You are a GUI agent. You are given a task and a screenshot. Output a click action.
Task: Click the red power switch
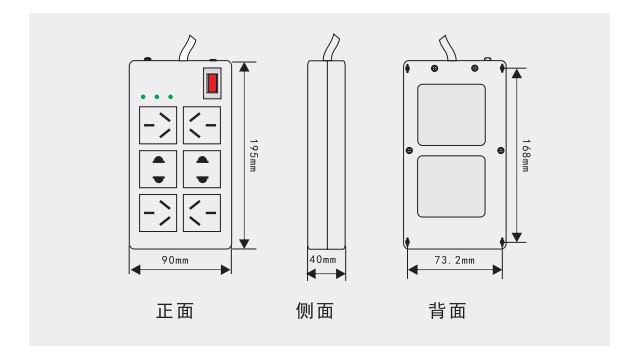tap(212, 83)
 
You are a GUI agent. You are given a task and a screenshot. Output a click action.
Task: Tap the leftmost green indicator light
tap(143, 97)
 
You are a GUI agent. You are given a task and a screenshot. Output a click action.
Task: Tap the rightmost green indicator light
tap(171, 97)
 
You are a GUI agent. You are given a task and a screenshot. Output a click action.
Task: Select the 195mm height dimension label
tap(253, 156)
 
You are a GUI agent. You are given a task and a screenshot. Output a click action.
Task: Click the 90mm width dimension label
tap(175, 260)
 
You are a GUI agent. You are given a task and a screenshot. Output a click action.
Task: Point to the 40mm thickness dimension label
tap(323, 259)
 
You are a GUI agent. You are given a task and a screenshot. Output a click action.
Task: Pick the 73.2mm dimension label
tap(455, 260)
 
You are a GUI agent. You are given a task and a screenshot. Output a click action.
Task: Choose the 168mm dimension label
tap(526, 156)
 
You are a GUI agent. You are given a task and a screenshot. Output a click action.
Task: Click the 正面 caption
tap(175, 311)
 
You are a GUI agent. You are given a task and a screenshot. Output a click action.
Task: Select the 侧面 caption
tap(315, 311)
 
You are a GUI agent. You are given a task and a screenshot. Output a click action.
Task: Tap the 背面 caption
tap(447, 311)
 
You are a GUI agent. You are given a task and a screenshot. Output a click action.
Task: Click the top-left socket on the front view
tap(158, 125)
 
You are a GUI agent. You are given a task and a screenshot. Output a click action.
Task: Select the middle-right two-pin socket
tap(202, 169)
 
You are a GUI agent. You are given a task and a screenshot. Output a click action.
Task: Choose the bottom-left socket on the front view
tap(158, 213)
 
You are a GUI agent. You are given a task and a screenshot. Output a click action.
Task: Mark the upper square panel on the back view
tap(451, 115)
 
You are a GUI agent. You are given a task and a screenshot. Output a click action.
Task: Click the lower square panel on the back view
tap(451, 186)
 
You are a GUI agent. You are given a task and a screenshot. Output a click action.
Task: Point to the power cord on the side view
tap(331, 48)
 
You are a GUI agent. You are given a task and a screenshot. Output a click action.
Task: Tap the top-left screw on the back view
tap(434, 69)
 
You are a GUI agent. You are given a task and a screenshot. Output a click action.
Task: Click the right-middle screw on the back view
tap(501, 151)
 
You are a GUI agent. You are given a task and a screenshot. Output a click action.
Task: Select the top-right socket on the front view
tap(202, 125)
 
